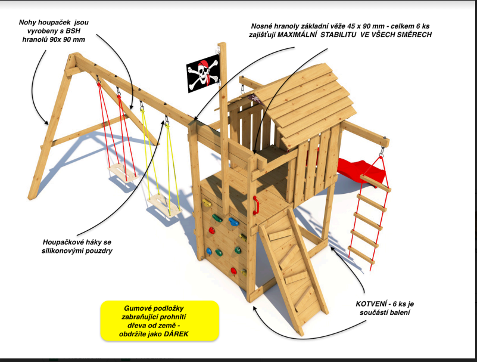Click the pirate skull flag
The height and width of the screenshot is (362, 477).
click(x=203, y=73)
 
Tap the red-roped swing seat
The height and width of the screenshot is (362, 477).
click(x=122, y=172)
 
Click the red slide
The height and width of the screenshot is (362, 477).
click(x=360, y=171)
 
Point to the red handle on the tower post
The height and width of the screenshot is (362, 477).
click(x=256, y=205)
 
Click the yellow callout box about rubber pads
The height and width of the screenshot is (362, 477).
click(x=160, y=321)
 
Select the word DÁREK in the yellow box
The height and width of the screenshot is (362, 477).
click(x=176, y=334)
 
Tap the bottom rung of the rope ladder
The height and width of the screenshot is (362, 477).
click(x=361, y=255)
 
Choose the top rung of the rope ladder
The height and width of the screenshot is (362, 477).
click(x=375, y=184)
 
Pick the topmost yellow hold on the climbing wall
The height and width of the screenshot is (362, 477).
click(x=207, y=202)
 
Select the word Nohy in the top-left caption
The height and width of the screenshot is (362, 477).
click(x=26, y=22)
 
